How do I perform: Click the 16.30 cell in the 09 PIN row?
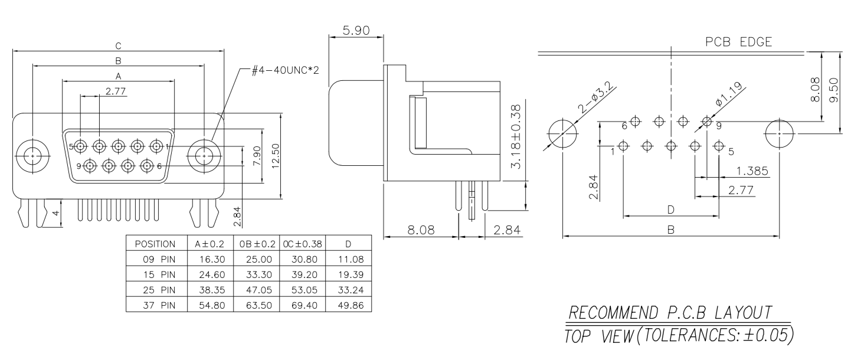pos(212,259)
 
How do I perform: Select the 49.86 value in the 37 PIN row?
pos(351,306)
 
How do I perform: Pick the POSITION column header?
pos(155,244)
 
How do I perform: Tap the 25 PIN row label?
pos(159,290)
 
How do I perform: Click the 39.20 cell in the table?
pos(305,275)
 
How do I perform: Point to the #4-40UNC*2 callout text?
pos(286,71)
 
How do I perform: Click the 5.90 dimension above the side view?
pos(356,31)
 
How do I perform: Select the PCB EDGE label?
pos(739,42)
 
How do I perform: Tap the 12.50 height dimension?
pos(276,156)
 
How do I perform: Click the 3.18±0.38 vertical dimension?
pos(516,136)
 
